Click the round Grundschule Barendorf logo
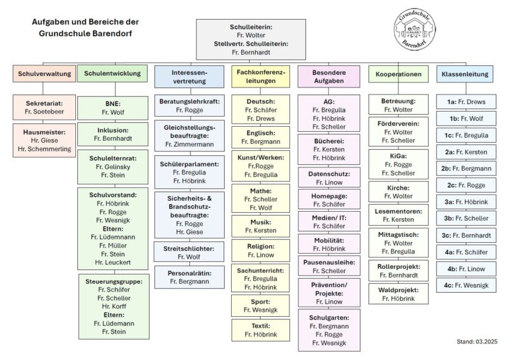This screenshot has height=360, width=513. click(x=415, y=29)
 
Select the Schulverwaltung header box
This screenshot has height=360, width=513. click(x=44, y=74)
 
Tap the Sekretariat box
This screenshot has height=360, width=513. click(x=44, y=107)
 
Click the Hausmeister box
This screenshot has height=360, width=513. click(x=44, y=141)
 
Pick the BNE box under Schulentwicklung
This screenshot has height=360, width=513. click(x=113, y=108)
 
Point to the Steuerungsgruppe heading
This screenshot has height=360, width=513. click(x=114, y=281)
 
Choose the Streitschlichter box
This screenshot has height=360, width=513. click(x=189, y=252)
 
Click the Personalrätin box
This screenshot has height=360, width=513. click(x=189, y=277)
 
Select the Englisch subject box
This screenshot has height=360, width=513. click(x=260, y=138)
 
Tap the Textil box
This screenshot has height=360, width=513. click(x=260, y=330)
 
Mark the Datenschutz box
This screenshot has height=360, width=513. click(x=329, y=177)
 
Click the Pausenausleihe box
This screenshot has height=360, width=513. click(x=329, y=266)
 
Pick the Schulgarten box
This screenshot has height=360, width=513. click(x=329, y=330)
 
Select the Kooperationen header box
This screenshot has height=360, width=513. click(x=398, y=74)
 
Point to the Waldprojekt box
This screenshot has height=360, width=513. click(x=398, y=294)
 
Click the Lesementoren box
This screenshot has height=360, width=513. click(x=398, y=215)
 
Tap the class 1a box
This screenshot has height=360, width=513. click(x=466, y=102)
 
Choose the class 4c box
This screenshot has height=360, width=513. click(x=466, y=285)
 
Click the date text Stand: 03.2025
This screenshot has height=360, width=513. click(x=477, y=342)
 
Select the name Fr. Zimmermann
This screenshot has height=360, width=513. click(x=189, y=145)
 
